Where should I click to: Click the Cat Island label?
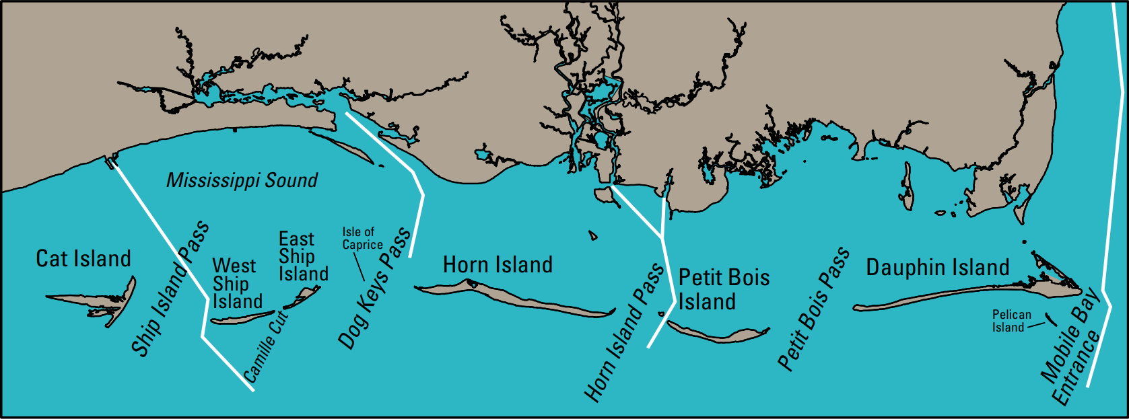(x=83, y=259)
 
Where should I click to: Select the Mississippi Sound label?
(x=242, y=180)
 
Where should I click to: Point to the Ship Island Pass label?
(x=170, y=290)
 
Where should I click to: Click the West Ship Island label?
(x=237, y=284)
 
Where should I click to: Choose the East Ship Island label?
(x=303, y=256)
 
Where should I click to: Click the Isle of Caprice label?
(x=362, y=238)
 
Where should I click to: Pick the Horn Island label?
(x=498, y=265)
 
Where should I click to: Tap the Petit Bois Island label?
(x=723, y=289)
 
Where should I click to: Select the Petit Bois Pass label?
(x=813, y=309)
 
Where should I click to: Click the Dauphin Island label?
(x=937, y=268)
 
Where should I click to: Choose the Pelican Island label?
(x=1011, y=321)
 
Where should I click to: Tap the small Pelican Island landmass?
(x=1048, y=319)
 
